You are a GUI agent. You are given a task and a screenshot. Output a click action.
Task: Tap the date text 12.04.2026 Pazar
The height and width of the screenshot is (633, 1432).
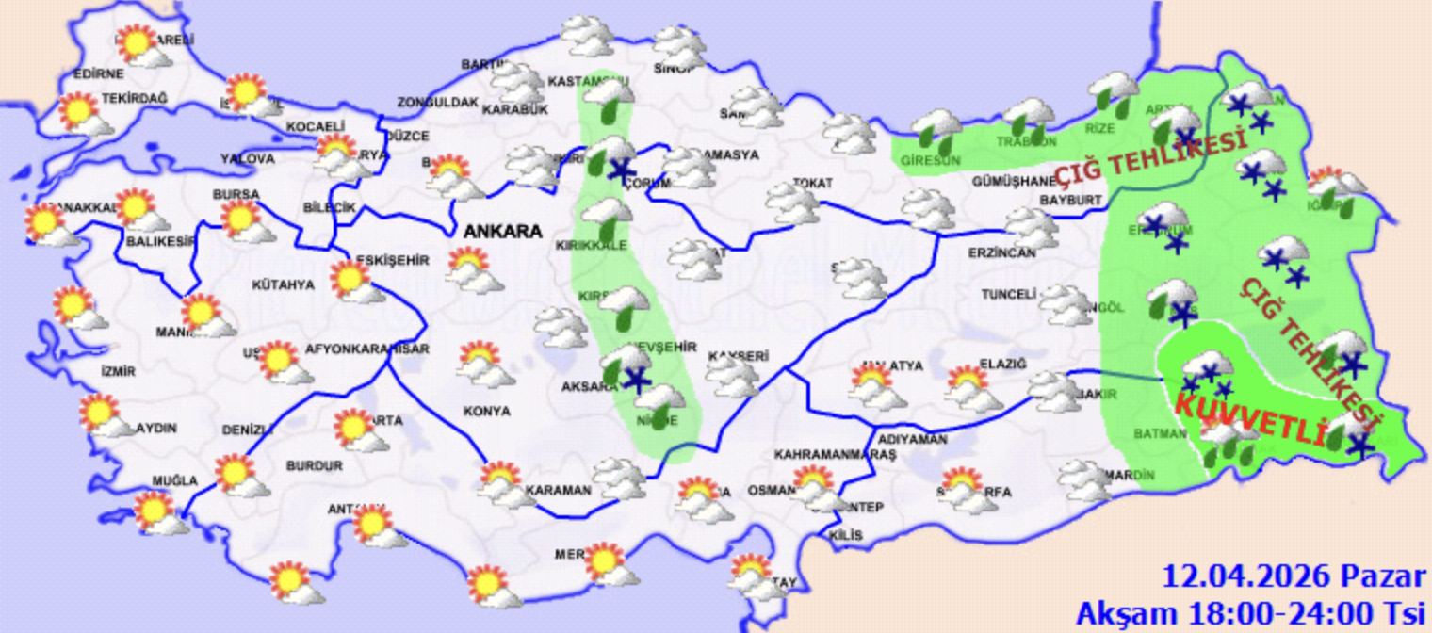(x=1294, y=576)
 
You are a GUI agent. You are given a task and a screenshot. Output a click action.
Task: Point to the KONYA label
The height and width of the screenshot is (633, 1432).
(x=487, y=412)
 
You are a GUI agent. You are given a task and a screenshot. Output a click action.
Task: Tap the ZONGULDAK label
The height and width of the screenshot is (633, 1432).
(x=438, y=102)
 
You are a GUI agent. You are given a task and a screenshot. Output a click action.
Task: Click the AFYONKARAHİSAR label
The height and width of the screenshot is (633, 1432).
(x=367, y=349)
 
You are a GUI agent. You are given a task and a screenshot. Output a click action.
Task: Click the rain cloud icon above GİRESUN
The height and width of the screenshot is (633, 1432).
(x=936, y=129)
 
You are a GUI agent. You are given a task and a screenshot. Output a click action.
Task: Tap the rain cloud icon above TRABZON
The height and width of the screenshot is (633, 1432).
(x=1028, y=118)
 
